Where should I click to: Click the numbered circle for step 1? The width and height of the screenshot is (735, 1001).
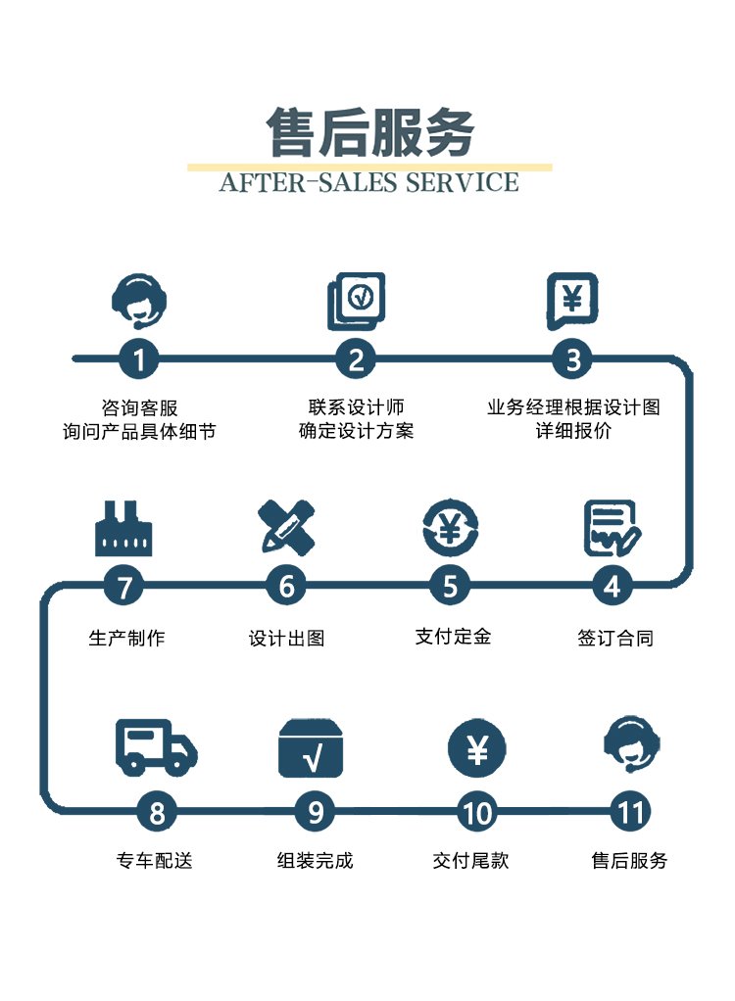139,359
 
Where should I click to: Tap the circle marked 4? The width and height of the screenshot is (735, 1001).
612,587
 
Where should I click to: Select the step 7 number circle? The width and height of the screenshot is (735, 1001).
124,587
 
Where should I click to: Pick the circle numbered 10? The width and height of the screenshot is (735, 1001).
476,812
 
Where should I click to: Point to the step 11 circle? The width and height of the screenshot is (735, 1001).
630,812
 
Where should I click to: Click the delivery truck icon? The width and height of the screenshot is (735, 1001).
156,747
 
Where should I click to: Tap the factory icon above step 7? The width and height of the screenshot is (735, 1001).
123,528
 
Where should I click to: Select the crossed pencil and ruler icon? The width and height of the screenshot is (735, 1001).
286,526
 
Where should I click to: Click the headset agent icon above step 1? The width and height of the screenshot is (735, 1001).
139,300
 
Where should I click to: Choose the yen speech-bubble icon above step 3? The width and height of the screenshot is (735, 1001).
572,300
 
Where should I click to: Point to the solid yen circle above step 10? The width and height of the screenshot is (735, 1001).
477,749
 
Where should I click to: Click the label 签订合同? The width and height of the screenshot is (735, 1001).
615,639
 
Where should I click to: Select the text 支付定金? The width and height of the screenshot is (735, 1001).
453,637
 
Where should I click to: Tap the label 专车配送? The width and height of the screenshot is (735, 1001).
154,861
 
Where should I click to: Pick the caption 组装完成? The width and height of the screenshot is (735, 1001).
315,861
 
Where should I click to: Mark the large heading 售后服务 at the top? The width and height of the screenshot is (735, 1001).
370,132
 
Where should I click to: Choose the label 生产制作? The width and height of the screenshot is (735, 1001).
126,639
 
